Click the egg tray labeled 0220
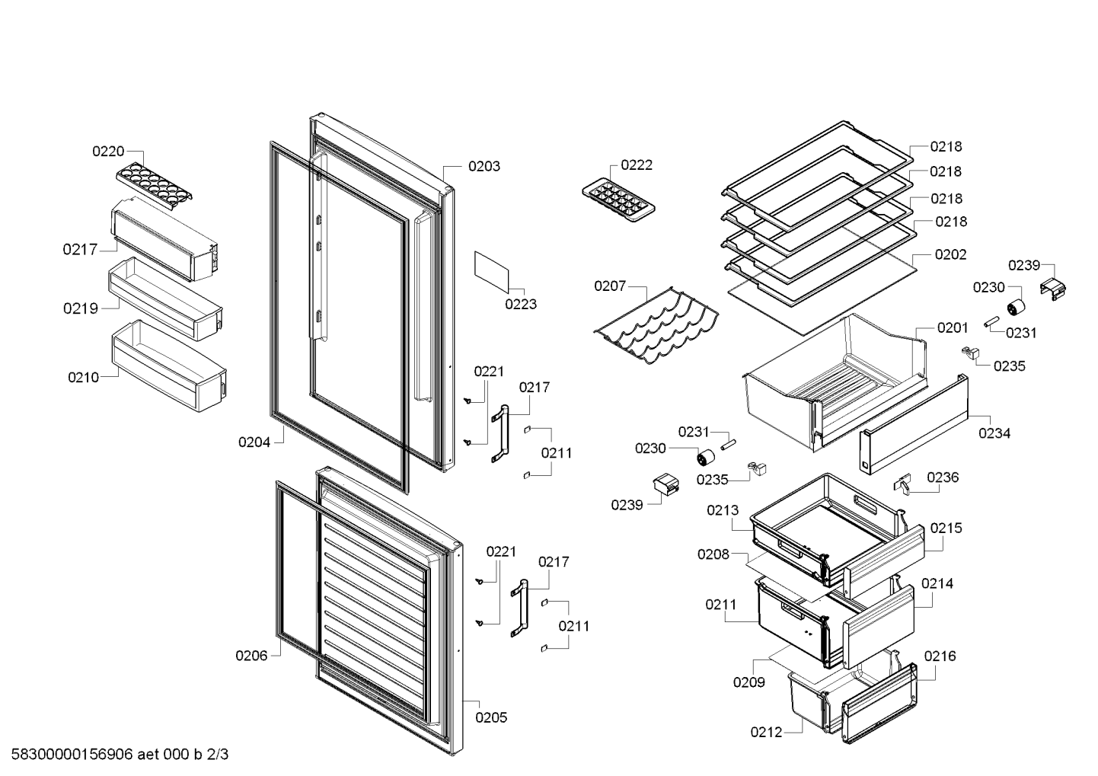pos(154,187)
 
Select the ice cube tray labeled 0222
pos(618,203)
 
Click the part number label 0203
pos(484,166)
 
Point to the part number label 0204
pos(254,442)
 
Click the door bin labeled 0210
pos(169,366)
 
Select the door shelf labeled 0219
pos(165,299)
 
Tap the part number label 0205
pos(491,717)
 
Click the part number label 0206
pos(251,656)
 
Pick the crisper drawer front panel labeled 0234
pos(914,424)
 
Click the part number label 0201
pos(953,327)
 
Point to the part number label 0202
pos(950,254)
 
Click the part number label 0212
pos(766,732)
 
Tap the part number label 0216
pos(940,656)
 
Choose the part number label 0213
pos(723,510)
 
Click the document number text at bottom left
pos(120,754)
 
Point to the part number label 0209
pos(749,682)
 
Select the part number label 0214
pos(937,583)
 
